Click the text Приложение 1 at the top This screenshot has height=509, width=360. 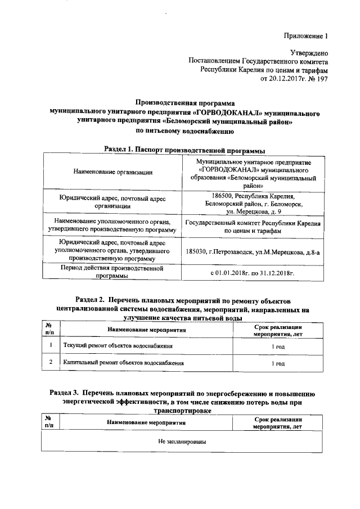[304, 37]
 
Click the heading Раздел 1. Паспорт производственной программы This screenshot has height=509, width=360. [185, 150]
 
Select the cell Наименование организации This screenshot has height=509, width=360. [112, 172]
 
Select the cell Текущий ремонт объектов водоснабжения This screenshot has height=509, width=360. [118, 345]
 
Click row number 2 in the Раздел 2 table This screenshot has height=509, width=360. [51, 364]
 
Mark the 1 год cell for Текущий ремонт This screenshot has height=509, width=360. [278, 346]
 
